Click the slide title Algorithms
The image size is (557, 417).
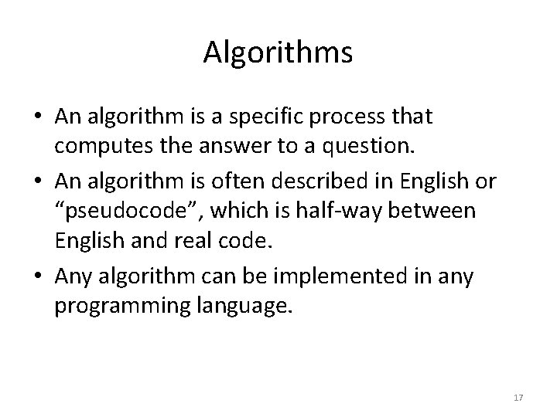(278, 53)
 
